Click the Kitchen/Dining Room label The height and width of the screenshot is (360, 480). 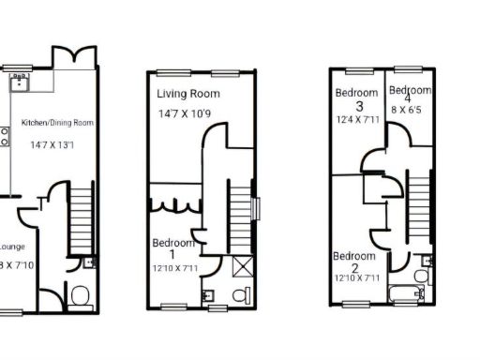coord(57,123)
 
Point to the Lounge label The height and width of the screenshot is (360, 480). coord(10,247)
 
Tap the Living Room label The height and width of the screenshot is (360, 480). coord(188,94)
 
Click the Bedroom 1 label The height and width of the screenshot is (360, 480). coord(172,248)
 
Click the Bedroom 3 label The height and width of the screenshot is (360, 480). coord(356,98)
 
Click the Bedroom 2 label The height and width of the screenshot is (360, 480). coord(354,262)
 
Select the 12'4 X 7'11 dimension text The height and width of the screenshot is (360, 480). coord(357,119)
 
